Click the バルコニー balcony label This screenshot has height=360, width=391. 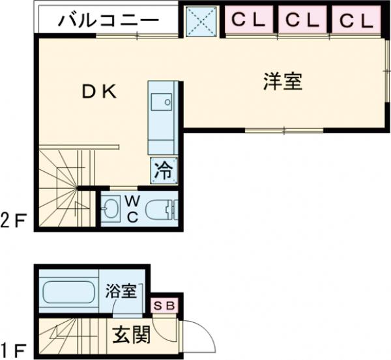[108, 20]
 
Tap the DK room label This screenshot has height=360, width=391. [98, 92]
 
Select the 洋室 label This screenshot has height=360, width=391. [283, 82]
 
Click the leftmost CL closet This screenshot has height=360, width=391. [250, 20]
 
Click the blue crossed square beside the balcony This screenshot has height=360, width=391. [201, 21]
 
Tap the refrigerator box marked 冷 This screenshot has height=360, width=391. [164, 171]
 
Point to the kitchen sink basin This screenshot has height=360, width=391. [160, 102]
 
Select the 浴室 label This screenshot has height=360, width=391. [122, 290]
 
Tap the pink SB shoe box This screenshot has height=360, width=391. [163, 305]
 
